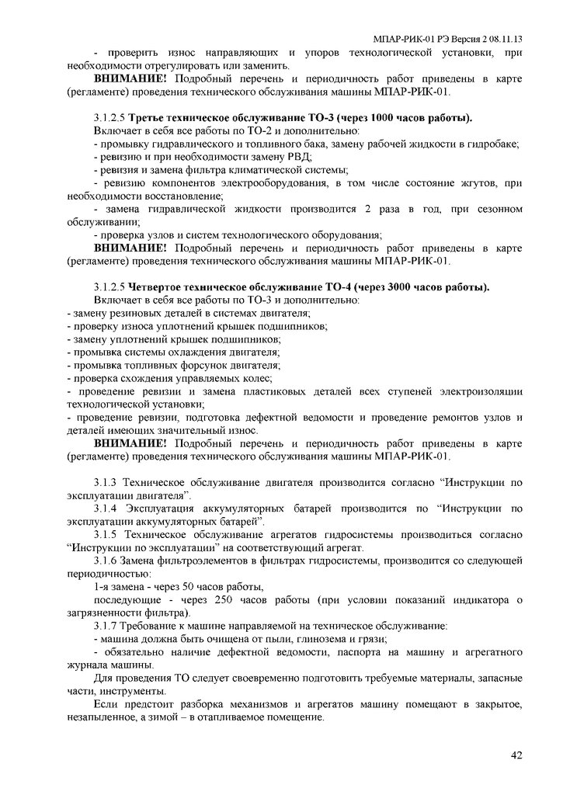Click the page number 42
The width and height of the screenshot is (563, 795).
point(516,754)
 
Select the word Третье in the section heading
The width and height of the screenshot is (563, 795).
point(145,119)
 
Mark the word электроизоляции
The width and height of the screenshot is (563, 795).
point(481,391)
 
